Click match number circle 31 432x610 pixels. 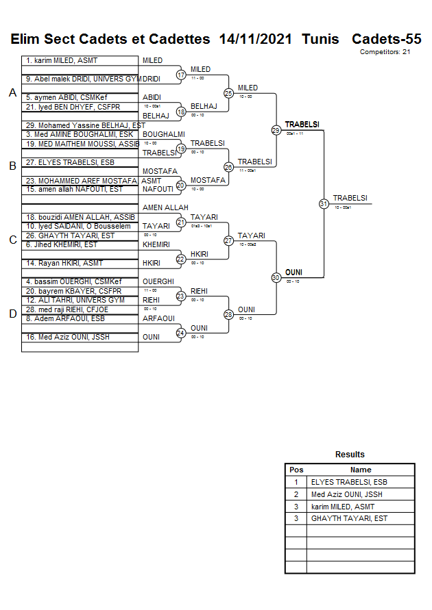[323, 203]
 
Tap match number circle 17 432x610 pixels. [181, 75]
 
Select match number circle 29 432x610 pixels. [276, 130]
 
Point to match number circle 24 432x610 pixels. [181, 333]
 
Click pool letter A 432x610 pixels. [12, 93]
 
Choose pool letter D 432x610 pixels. [12, 314]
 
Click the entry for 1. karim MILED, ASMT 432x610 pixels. [62, 61]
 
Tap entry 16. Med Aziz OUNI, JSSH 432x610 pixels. [68, 337]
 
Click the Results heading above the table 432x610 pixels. [350, 455]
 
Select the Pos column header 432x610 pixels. [296, 470]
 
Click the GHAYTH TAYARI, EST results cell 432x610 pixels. [349, 518]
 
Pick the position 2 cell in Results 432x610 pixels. [296, 494]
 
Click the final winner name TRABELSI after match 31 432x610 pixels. [350, 199]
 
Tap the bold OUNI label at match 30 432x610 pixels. [293, 272]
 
